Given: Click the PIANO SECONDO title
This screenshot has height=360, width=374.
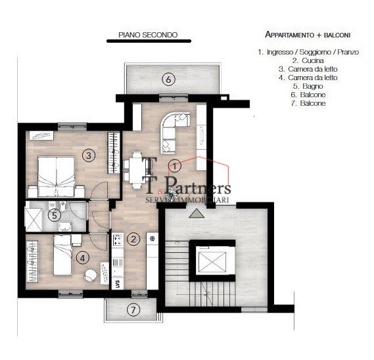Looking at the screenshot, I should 147,35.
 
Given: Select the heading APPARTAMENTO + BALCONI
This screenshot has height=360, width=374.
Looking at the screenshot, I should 307,34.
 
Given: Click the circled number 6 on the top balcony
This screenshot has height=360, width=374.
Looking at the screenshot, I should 168,79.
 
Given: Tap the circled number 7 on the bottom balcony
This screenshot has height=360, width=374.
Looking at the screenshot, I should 134,309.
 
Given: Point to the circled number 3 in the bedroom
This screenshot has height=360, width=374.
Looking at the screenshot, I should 90,155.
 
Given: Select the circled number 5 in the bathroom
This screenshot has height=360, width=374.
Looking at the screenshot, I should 57,214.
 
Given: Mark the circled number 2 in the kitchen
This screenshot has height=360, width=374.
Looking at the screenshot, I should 133,238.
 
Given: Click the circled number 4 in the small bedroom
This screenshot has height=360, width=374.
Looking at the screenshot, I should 82,258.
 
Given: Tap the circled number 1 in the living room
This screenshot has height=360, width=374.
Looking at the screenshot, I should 175,165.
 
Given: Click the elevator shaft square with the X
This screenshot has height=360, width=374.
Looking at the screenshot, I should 212,261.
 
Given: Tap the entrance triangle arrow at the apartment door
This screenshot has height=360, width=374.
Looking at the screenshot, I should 195,214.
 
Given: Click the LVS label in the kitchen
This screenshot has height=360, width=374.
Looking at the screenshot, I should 116,284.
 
